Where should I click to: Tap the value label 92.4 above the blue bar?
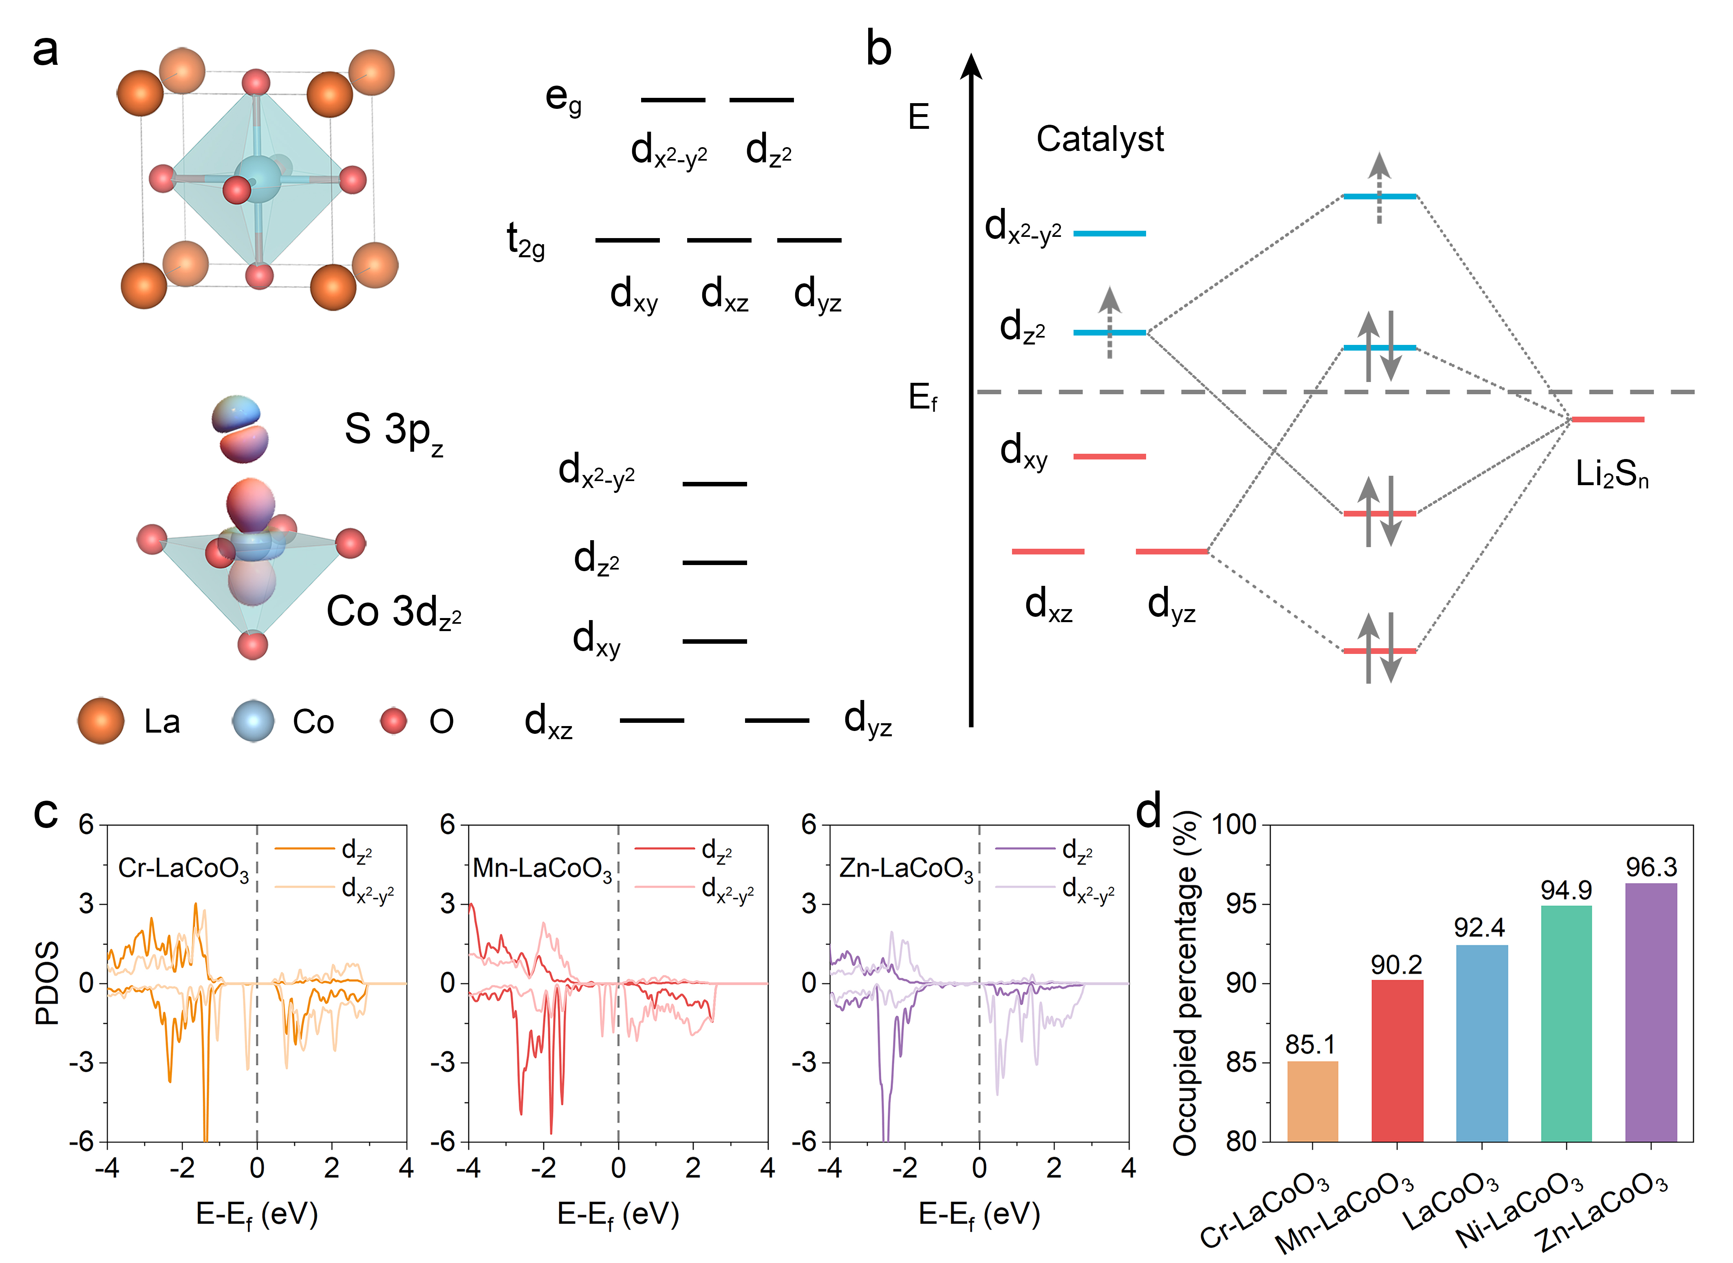tap(1479, 927)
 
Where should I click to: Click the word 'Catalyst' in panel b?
tap(1100, 139)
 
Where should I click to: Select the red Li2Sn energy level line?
tap(1607, 419)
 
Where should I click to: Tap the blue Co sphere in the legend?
tap(253, 721)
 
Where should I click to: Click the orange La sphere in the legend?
tap(101, 721)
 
